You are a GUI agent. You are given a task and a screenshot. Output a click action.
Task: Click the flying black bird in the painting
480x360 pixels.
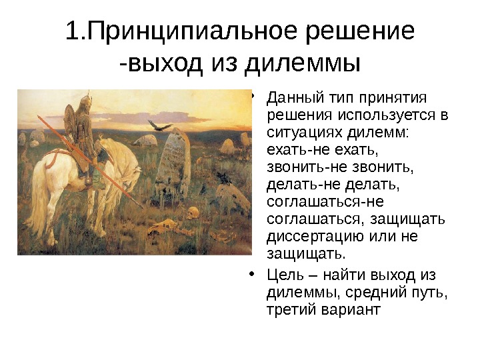click(x=157, y=125)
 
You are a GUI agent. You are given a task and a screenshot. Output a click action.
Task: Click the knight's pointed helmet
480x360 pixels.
click(x=83, y=102)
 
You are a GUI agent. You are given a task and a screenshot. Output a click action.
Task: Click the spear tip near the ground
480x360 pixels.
click(x=141, y=206)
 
